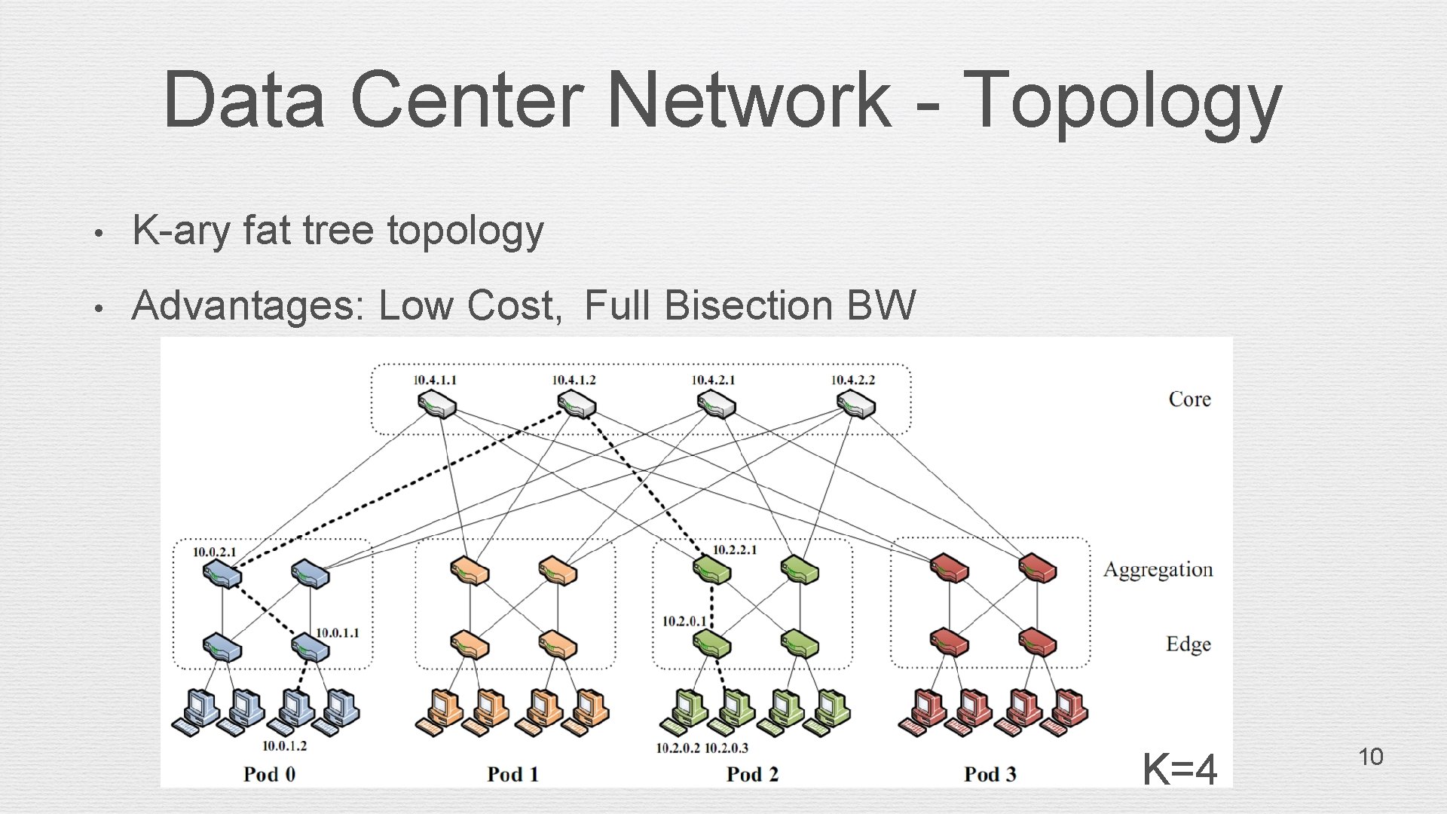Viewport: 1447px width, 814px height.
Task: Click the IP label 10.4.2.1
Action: [713, 380]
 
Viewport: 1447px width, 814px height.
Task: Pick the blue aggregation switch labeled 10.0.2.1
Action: [222, 573]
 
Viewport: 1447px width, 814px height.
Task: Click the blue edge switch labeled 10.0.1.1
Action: [311, 646]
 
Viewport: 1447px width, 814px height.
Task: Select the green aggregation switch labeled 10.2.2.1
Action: [712, 571]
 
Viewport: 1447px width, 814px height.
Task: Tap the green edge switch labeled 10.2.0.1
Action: [712, 644]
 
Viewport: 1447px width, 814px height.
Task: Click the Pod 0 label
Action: [269, 774]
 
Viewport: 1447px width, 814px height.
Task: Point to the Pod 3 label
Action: [990, 774]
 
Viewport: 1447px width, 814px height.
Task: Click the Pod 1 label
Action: [512, 774]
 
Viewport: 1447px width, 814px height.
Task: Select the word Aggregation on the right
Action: [1158, 570]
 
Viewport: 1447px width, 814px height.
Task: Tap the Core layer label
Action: [1189, 399]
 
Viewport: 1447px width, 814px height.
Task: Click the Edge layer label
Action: [1188, 644]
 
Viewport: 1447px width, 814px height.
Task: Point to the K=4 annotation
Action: [1179, 770]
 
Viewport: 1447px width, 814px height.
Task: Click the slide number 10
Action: [1370, 757]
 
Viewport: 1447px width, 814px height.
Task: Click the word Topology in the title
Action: [1121, 100]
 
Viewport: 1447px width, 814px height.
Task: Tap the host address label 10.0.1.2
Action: [284, 746]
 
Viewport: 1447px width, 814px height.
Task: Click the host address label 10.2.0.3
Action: [726, 748]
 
